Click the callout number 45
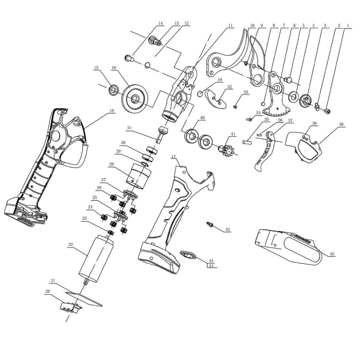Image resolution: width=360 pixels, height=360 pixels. pyautogui.click(x=332, y=254)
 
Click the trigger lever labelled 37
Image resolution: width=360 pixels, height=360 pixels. pyautogui.click(x=265, y=152)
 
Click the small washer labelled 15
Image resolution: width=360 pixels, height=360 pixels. pyautogui.click(x=112, y=91)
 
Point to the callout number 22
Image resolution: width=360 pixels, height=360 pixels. pyautogui.click(x=70, y=246)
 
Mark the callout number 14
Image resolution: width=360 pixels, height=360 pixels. pyautogui.click(x=160, y=23)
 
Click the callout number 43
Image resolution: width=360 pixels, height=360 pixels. pyautogui.click(x=211, y=261)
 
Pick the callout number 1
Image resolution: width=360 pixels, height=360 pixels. pyautogui.click(x=349, y=25)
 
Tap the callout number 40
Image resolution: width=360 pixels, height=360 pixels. pyautogui.click(x=202, y=117)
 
